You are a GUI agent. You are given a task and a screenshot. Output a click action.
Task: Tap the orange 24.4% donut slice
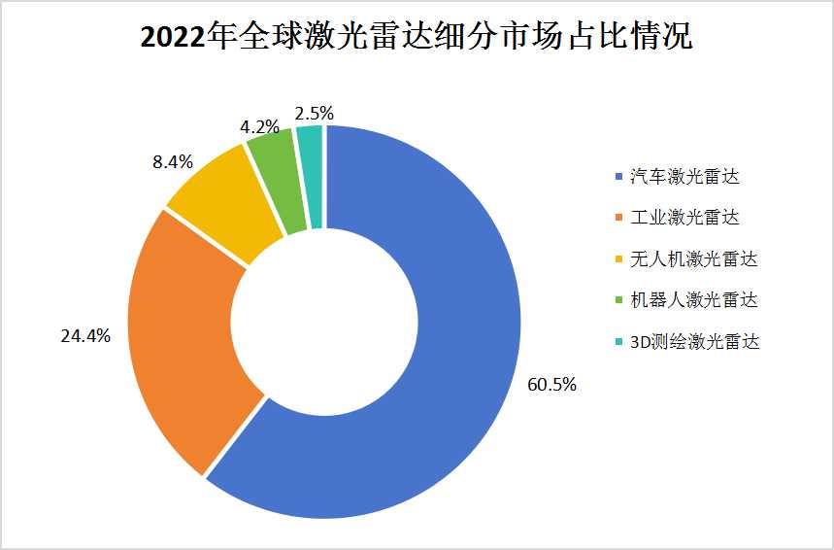184,340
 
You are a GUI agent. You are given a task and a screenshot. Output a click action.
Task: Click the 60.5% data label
551,385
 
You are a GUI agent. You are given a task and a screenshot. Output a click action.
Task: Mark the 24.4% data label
85,336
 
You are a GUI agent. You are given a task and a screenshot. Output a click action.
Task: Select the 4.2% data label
260,126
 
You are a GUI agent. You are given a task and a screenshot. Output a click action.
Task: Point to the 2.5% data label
314,114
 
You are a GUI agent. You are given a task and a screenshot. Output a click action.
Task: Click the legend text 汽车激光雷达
678,176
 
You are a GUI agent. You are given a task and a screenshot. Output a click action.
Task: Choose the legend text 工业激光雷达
678,217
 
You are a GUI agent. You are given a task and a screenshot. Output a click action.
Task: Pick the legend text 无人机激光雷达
684,258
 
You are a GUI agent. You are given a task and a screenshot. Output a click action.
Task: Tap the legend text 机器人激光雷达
684,299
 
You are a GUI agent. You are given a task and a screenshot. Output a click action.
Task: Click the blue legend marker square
619,177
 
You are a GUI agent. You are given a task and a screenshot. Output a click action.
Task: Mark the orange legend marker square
619,218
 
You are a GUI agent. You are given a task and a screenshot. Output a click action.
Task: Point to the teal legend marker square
619,342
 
